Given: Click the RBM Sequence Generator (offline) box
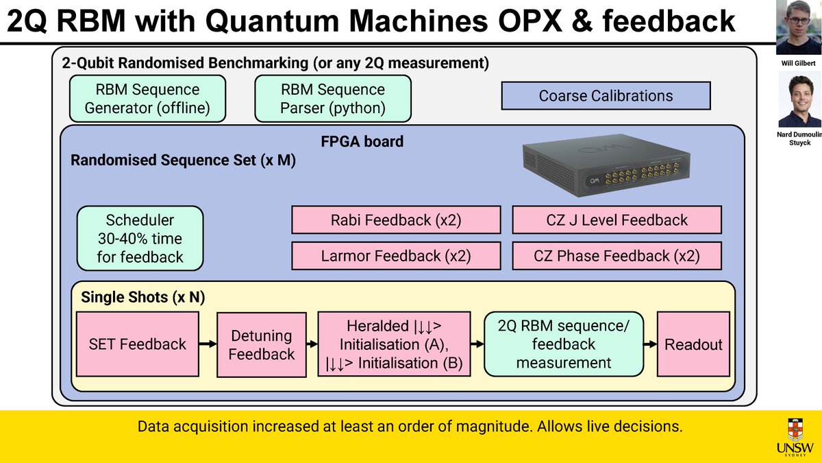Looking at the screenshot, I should click(x=147, y=99).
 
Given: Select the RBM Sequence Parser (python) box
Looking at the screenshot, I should click(x=333, y=99).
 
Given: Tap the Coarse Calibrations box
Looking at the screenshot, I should click(x=606, y=96).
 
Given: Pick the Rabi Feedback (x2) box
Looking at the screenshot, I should click(x=396, y=220).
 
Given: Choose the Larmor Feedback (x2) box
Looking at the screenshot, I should click(x=396, y=256).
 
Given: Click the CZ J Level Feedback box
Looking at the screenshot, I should click(x=616, y=220).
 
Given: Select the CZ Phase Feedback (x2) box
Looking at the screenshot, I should click(x=616, y=256).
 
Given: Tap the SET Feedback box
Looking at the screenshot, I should click(x=138, y=344).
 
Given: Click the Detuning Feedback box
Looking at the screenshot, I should click(x=262, y=344).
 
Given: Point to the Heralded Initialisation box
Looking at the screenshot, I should click(x=395, y=344).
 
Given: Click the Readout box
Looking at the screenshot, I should click(x=693, y=344).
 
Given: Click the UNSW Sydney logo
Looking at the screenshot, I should click(x=795, y=436).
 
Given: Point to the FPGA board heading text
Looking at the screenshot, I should click(x=362, y=142).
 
